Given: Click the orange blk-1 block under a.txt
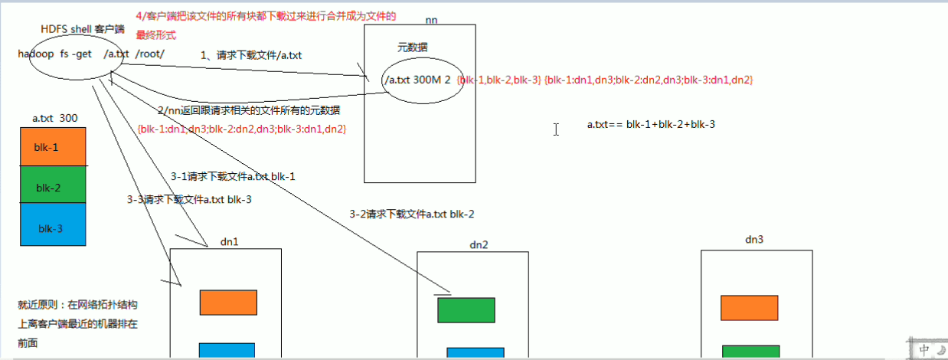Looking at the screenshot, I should (x=53, y=146).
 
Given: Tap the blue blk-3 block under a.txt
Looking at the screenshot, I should (x=53, y=224).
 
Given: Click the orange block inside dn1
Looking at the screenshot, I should (x=223, y=303).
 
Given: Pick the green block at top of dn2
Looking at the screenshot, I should (x=466, y=310).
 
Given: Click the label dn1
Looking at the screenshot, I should (x=229, y=241).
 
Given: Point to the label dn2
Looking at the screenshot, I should (x=479, y=244).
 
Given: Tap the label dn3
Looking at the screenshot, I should (x=754, y=239).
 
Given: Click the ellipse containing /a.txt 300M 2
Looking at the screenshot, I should (x=423, y=80).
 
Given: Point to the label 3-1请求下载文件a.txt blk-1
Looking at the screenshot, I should (x=234, y=176).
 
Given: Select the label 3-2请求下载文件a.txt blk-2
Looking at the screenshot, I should (x=417, y=214).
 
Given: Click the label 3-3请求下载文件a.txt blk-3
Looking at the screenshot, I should (x=189, y=199).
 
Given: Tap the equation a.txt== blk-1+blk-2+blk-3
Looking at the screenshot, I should (x=651, y=124).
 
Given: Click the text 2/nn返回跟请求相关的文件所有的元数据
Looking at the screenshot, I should (x=249, y=111).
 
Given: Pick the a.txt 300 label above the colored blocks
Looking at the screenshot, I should (x=55, y=119).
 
